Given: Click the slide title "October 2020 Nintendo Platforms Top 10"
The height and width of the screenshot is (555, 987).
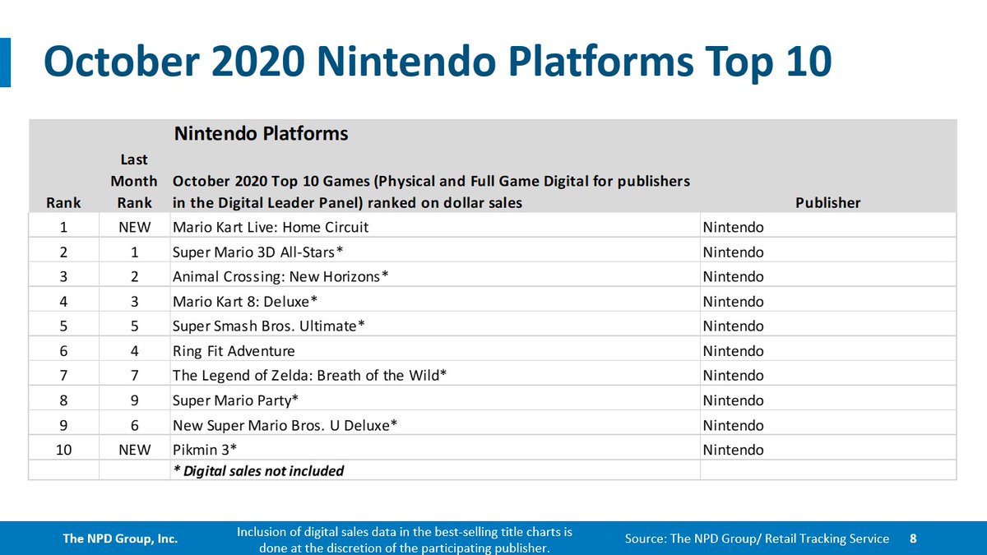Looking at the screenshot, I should (x=437, y=62).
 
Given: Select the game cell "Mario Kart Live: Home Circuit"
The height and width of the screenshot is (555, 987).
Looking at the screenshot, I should (x=271, y=227).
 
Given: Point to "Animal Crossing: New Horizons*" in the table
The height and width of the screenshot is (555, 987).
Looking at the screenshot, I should (x=280, y=276).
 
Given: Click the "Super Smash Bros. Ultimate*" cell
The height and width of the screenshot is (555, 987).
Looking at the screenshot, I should (x=268, y=326).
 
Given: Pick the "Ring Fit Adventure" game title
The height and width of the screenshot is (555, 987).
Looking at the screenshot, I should (x=234, y=351).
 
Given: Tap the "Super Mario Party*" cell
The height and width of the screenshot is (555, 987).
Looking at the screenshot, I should (x=235, y=400).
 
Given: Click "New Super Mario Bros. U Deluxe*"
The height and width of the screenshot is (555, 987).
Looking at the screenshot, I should (x=285, y=425).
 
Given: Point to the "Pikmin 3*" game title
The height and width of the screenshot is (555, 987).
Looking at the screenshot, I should (x=203, y=450).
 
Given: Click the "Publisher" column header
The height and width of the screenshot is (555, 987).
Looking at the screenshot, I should (x=828, y=202).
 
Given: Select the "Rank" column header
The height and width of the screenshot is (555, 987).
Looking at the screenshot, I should (x=63, y=202).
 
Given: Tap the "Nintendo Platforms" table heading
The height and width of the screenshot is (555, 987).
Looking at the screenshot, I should (x=260, y=133).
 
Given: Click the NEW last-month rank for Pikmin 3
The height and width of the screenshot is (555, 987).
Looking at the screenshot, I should (x=134, y=450).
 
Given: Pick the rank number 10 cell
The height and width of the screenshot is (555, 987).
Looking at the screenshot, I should (x=63, y=450).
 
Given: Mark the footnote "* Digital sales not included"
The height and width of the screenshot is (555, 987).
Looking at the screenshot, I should (x=258, y=471).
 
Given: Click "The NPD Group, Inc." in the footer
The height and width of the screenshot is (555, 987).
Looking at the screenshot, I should (x=121, y=539).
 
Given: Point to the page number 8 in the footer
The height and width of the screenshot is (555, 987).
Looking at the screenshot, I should (x=913, y=539).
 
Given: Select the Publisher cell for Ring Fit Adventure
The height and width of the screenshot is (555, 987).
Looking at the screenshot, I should (x=733, y=351).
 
